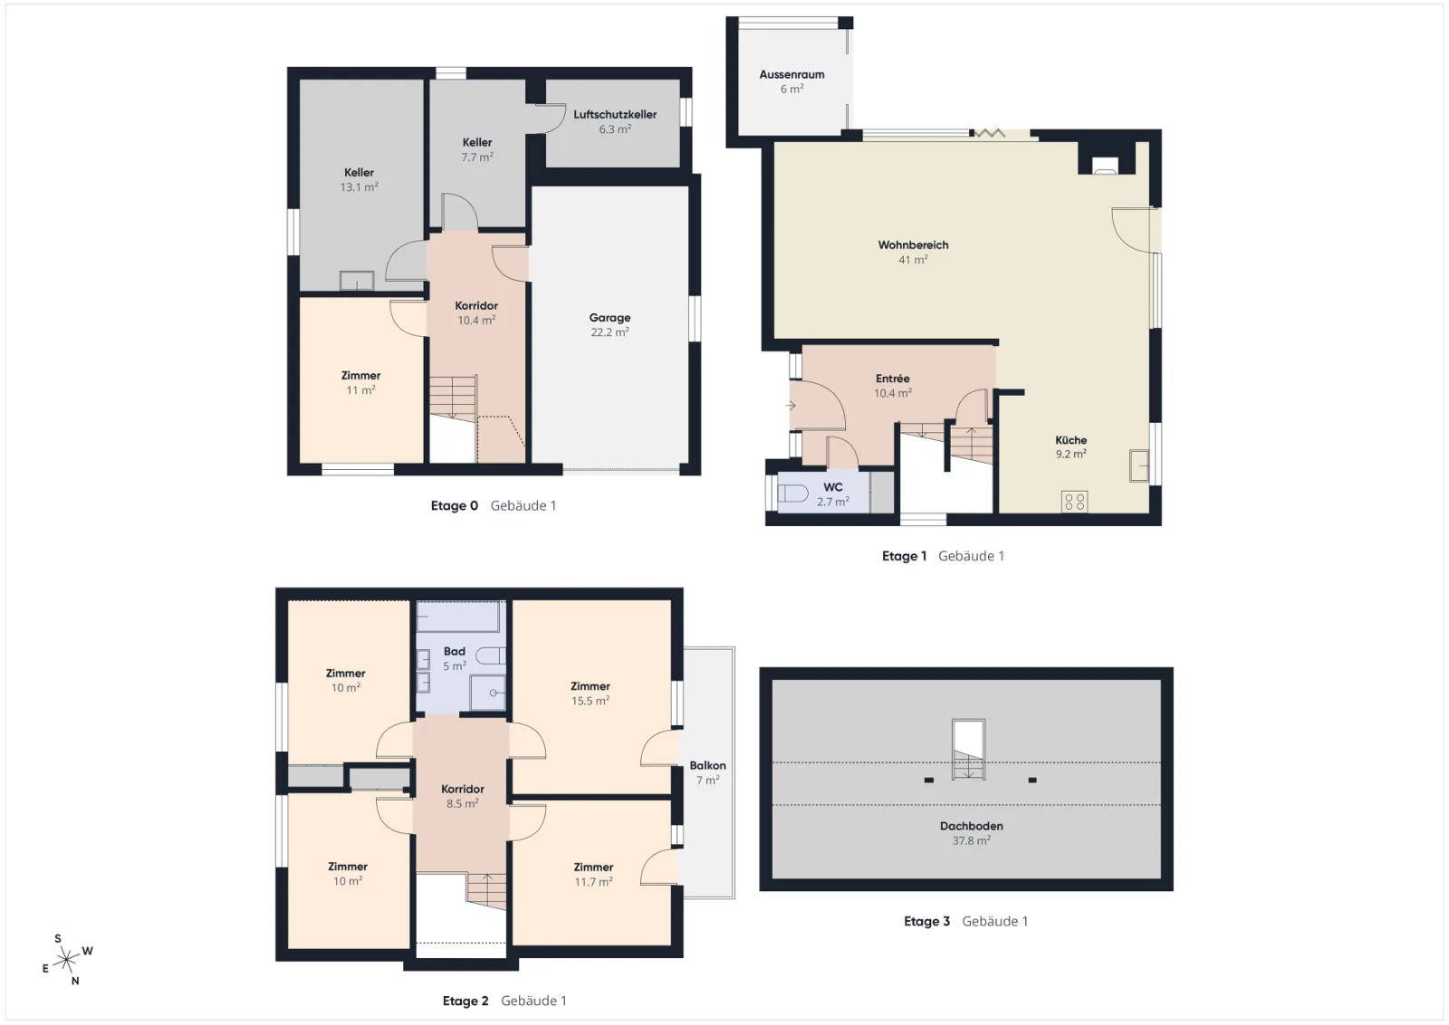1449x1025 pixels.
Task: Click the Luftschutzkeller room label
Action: coord(615,114)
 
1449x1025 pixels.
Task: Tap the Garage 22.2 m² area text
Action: coord(609,332)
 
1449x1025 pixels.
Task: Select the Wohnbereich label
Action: coord(913,245)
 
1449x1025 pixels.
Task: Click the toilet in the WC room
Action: coord(792,494)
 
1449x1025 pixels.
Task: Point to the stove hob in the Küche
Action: coord(1074,502)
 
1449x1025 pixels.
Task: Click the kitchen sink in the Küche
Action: coord(1139,465)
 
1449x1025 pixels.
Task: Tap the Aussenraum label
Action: coord(792,74)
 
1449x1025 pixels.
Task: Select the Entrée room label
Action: coord(893,378)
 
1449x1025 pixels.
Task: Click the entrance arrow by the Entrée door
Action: coord(791,407)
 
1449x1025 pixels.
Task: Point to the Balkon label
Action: coord(707,765)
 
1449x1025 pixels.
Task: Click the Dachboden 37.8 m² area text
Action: coord(971,840)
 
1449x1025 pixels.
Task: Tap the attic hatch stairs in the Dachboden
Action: coord(968,750)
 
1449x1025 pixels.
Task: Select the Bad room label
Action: coord(454,651)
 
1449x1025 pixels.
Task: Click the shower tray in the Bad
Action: coord(488,693)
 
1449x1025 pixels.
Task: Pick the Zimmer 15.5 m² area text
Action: coord(590,700)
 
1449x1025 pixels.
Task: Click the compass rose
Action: coord(67,960)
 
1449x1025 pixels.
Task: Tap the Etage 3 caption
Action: coord(926,921)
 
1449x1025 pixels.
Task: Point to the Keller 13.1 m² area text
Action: coord(359,187)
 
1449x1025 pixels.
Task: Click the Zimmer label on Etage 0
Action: coord(361,376)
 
